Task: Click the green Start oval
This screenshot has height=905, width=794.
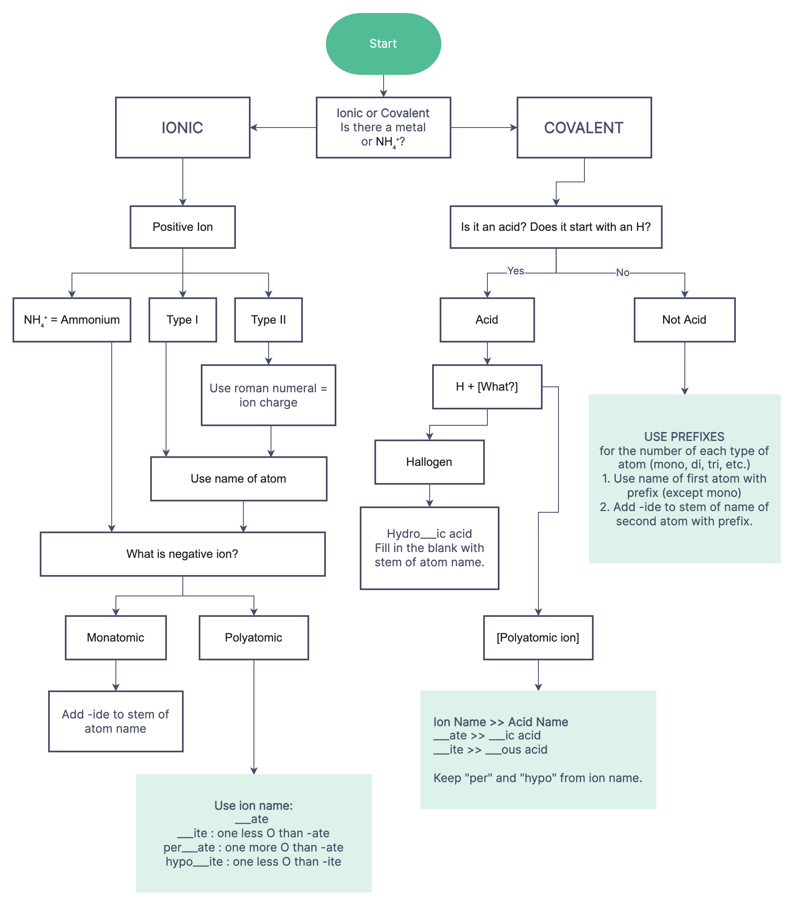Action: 383,43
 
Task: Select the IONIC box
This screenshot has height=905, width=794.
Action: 182,128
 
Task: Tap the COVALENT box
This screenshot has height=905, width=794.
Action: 584,128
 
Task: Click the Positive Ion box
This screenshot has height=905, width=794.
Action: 182,227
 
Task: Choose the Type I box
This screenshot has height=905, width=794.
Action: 182,320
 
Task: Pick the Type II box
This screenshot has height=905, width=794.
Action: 268,320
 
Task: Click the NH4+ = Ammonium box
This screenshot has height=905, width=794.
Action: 72,320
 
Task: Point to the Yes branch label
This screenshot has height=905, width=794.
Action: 515,271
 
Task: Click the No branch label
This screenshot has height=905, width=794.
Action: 622,273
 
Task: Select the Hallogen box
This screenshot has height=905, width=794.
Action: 429,462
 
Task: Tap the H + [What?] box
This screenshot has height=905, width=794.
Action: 487,386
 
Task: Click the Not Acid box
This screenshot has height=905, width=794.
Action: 684,320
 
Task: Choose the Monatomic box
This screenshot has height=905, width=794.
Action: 115,638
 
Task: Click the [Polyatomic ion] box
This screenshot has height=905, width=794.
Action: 538,638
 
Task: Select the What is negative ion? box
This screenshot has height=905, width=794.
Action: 182,554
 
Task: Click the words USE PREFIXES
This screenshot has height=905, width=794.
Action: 684,437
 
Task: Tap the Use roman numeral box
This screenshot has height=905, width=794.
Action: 268,395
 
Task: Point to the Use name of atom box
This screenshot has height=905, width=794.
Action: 238,478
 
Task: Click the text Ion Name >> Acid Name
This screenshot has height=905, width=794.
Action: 500,722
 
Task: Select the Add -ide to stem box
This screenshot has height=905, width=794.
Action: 115,721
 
